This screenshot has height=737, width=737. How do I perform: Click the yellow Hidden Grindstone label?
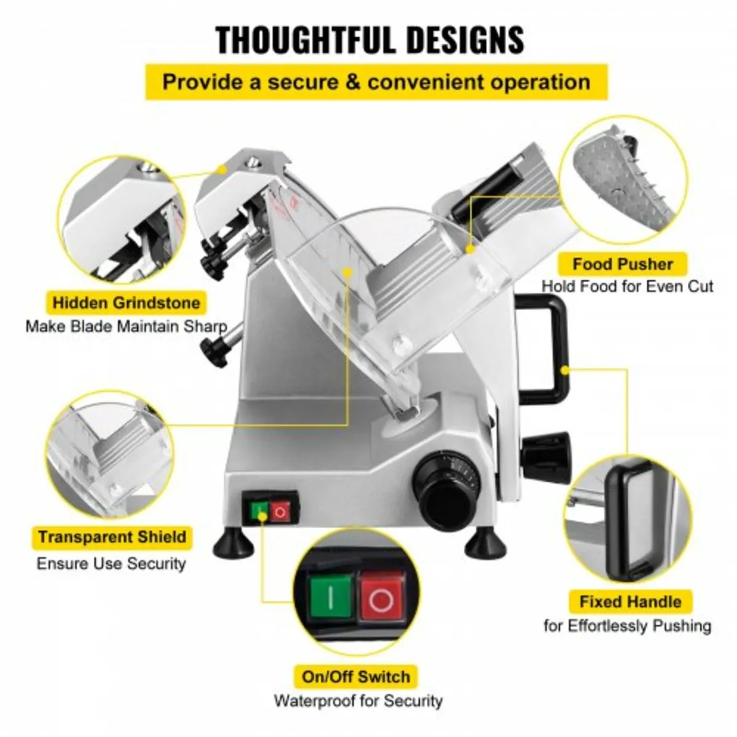[x=126, y=303]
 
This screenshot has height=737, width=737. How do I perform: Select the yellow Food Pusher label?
[x=623, y=265]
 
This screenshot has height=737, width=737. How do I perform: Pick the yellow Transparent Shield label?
[x=112, y=537]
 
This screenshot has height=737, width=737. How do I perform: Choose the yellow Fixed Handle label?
[x=630, y=601]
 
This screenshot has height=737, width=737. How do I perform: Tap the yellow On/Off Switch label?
[x=356, y=677]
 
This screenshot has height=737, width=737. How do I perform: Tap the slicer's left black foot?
[x=229, y=544]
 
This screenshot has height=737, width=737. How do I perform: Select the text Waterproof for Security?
[x=358, y=701]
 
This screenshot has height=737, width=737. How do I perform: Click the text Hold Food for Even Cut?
[x=627, y=286]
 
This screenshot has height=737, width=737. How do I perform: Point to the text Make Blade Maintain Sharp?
[x=126, y=326]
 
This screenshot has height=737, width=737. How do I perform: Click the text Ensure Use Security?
[x=111, y=564]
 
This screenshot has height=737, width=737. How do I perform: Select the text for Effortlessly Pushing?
[x=627, y=626]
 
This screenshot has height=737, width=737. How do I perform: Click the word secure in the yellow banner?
[x=303, y=82]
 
